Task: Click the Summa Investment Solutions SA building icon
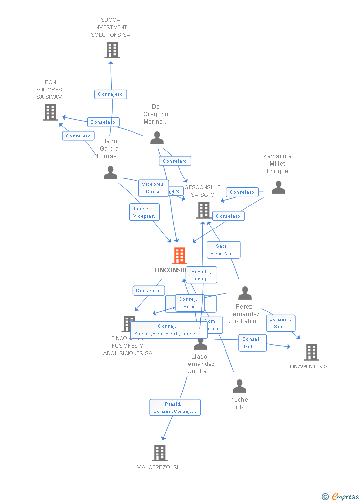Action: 112,50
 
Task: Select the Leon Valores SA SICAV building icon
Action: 50,112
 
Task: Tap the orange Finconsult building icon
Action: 180,256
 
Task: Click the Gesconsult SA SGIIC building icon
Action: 203,210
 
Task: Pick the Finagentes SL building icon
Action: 312,352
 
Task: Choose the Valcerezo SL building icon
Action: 159,453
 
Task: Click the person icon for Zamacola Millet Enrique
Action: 278,187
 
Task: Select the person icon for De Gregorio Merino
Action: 157,138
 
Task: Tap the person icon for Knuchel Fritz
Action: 239,386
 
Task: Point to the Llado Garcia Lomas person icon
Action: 110,173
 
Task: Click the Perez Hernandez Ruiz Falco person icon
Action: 245,293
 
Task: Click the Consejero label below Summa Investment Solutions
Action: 111,94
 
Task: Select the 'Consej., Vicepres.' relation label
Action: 144,212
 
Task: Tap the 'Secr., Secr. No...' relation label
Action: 224,250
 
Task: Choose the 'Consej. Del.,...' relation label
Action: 252,343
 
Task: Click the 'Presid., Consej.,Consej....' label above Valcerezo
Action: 175,408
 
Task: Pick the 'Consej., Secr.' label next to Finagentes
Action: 280,323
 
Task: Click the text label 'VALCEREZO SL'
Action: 158,467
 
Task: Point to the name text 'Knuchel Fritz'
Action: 238,403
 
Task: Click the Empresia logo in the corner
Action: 341,496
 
